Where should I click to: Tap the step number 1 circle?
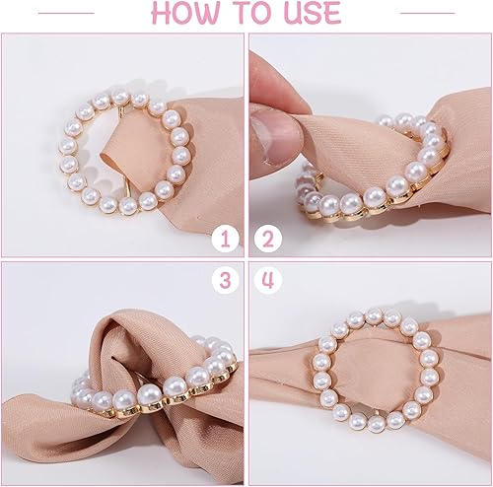click(226, 240)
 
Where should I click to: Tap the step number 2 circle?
click(268, 240)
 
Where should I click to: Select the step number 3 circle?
click(226, 280)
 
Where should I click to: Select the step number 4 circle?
click(268, 280)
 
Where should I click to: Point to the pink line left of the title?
click(66, 13)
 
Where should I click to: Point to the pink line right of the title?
click(428, 13)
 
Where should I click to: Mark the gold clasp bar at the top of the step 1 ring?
click(122, 111)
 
